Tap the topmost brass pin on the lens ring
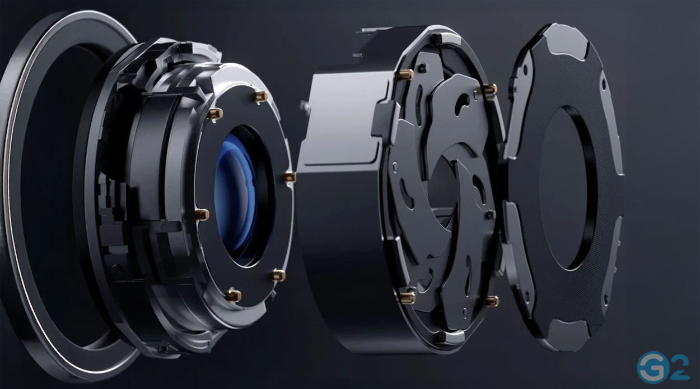(x=261, y=96)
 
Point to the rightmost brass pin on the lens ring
(x=290, y=177)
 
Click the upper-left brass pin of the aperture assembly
(x=405, y=74)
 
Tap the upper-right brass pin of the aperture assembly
(x=489, y=90)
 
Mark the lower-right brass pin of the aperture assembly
(x=491, y=301)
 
